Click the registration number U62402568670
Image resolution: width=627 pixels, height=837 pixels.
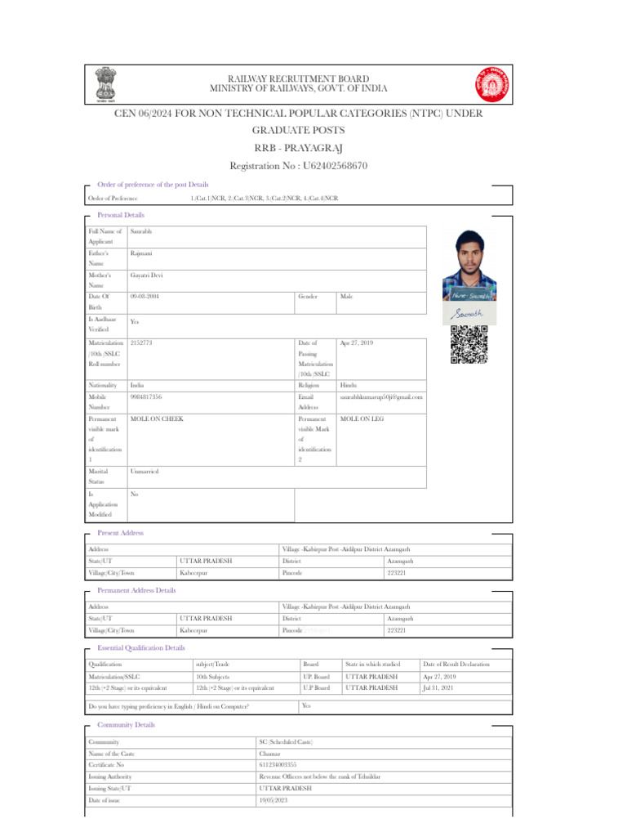pos(299,166)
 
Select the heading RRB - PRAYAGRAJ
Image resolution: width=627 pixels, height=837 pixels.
pos(299,147)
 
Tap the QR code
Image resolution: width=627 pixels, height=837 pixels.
pos(469,344)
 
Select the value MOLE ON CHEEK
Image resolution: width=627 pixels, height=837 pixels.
pos(157,419)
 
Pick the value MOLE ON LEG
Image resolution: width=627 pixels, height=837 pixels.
pos(362,419)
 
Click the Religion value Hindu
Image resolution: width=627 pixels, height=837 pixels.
pos(349,384)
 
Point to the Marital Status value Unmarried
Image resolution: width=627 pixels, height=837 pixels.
pos(145,472)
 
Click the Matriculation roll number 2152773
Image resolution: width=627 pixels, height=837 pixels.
pos(141,343)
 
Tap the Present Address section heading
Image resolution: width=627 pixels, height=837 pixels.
pos(120,533)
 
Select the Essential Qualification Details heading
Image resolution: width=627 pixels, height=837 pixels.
pos(140,647)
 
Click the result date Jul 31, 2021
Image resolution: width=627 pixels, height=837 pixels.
pos(438,688)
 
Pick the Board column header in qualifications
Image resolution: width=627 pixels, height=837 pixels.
pos(311,665)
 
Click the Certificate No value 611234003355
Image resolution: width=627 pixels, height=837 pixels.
pos(278,764)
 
